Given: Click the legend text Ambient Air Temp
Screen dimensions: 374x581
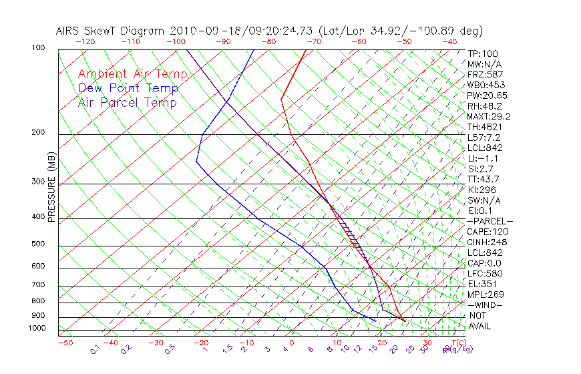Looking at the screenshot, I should pos(133,74).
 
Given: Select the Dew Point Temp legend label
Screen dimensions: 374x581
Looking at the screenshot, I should pos(128,88).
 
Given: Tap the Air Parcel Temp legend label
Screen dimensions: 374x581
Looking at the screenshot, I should pos(128,102).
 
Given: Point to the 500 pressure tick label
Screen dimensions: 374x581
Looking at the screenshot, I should pos(37,244).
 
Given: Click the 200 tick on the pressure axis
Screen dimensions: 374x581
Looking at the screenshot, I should pos(37,133).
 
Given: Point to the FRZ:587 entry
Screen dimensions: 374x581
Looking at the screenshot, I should pos(486,75).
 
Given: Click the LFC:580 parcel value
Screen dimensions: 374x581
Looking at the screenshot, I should pos(486,273).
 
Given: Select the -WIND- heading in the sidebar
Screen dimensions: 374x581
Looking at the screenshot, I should pos(485,305).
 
